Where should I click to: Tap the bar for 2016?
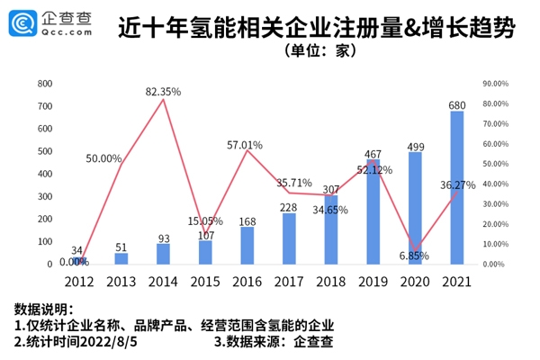click(247, 245)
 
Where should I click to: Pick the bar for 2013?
click(121, 258)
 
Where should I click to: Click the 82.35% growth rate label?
click(164, 91)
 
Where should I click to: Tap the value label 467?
click(373, 153)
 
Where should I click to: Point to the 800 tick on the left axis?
click(44, 83)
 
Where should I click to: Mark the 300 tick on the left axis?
click(44, 196)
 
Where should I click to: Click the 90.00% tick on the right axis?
click(496, 83)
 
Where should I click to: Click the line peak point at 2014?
click(163, 99)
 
